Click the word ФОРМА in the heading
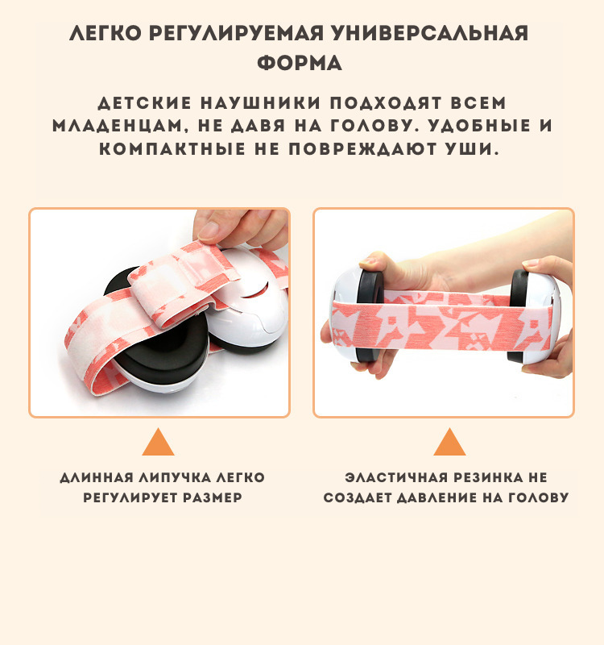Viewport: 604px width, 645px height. (x=300, y=64)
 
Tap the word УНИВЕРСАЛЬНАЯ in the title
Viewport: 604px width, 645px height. (x=430, y=33)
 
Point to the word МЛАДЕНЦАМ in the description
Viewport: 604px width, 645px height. (x=118, y=127)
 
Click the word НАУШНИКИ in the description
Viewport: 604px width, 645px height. (x=260, y=103)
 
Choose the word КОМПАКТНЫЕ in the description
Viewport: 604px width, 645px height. (x=172, y=149)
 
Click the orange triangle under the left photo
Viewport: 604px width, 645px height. (x=158, y=442)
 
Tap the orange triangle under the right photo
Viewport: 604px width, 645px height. (x=449, y=442)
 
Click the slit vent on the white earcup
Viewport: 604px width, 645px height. (x=255, y=292)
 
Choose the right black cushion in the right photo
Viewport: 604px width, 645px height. (x=519, y=314)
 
